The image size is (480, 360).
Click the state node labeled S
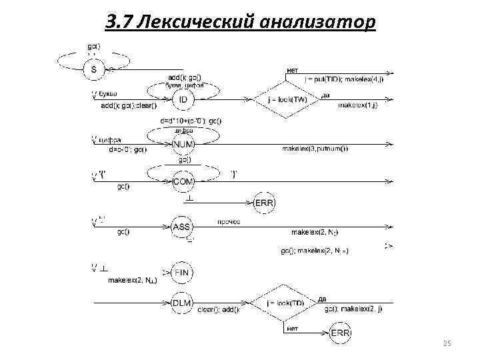point(93,68)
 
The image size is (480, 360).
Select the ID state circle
point(183,100)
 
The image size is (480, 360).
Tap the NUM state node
point(183,144)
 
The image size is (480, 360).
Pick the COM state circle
point(183,181)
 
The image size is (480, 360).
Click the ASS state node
point(182,227)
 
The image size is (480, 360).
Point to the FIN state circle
point(182,272)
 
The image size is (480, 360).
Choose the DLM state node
point(182,303)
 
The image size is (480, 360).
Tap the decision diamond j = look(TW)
point(286,100)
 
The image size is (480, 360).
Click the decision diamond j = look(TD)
point(286,303)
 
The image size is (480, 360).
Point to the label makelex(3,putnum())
point(315,148)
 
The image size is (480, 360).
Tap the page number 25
point(447,343)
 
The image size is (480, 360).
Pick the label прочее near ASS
point(229,221)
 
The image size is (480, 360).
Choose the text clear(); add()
point(219,309)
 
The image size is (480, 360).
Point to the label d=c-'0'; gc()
point(127,149)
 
